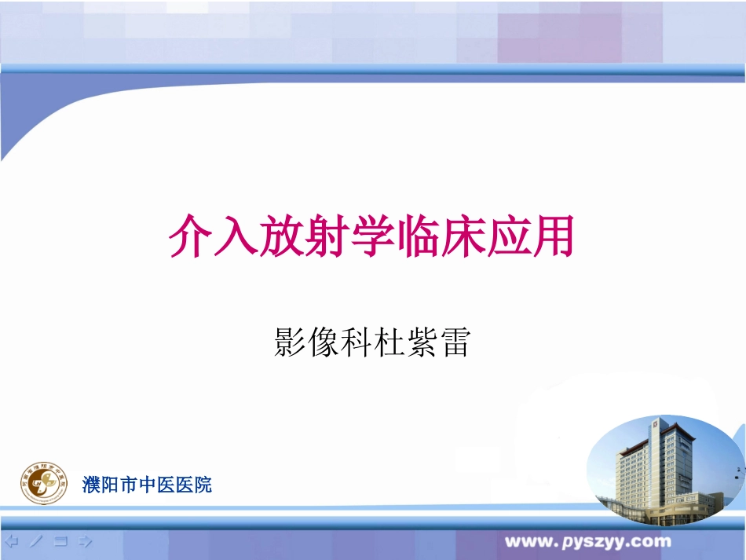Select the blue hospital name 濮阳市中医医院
pos(147,485)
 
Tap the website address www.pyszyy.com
pos(587,541)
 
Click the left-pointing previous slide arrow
pos(12,541)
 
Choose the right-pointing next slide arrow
pos(86,541)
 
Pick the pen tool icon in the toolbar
pos(36,541)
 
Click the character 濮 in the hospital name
pos(91,485)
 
